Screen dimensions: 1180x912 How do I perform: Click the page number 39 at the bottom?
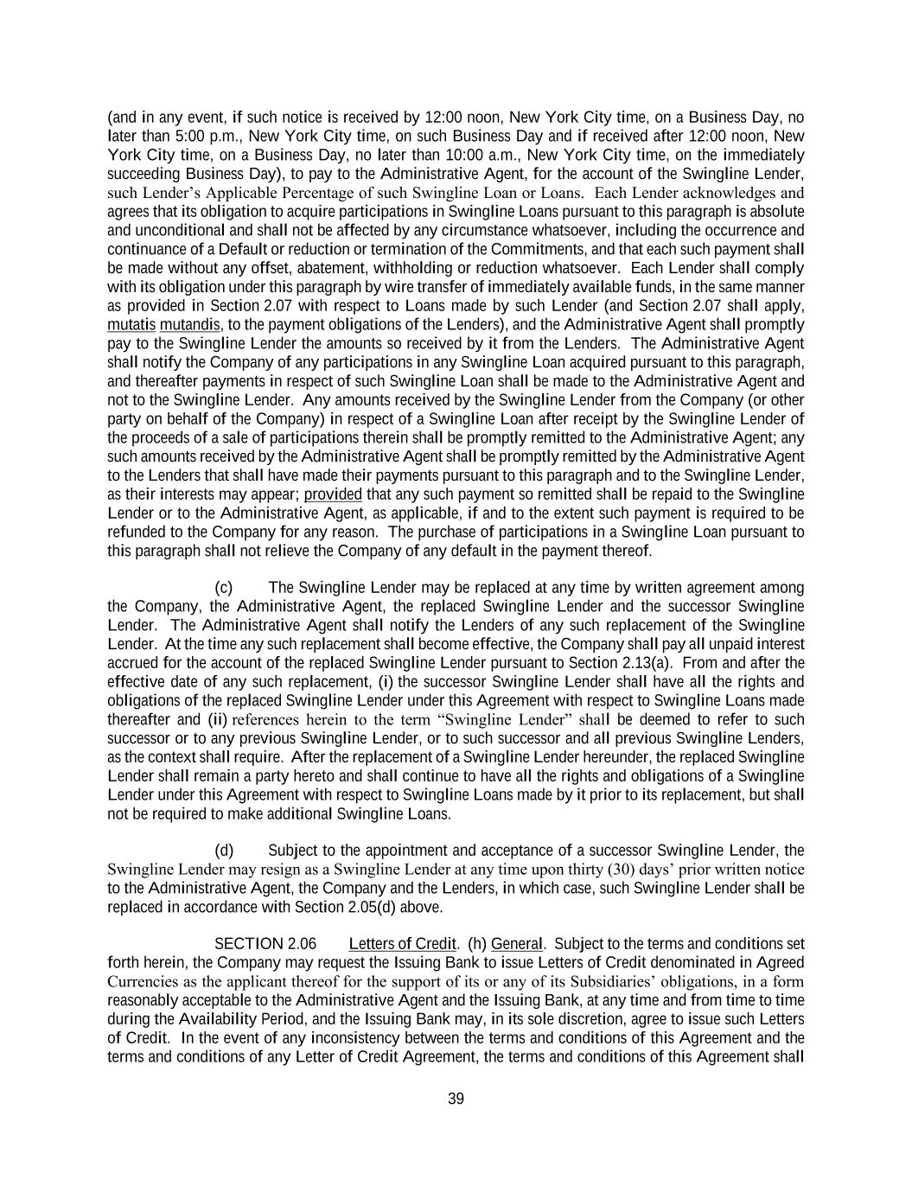456,1099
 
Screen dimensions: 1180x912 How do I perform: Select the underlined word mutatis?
131,324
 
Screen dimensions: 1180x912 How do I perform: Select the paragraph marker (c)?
224,587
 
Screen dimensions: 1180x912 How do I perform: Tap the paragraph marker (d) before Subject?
224,851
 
